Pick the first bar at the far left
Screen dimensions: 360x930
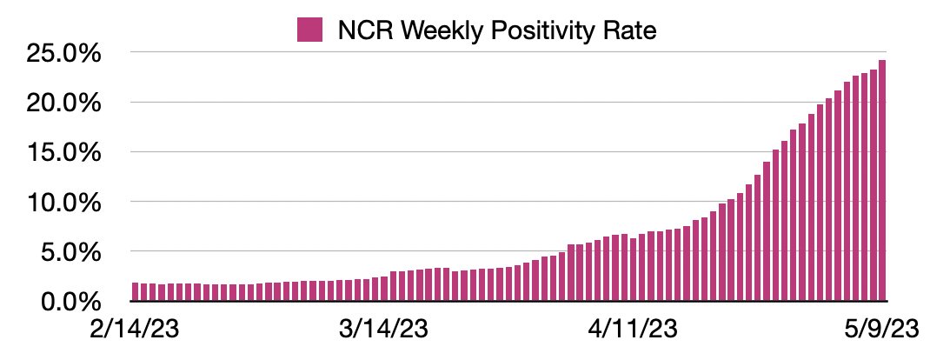point(136,292)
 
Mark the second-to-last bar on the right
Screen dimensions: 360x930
point(874,186)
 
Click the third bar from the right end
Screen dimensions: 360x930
point(865,188)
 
